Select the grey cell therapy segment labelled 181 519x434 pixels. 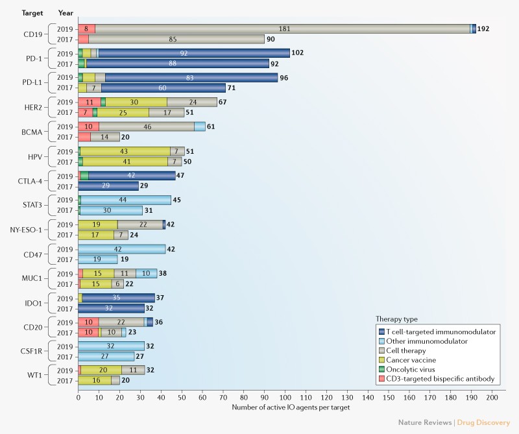point(283,29)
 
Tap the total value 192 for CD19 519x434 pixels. point(485,29)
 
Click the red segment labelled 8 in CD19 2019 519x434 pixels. point(86,29)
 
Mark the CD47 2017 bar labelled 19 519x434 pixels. point(98,259)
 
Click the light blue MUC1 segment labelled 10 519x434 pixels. point(146,273)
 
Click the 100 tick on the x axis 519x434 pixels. point(285,397)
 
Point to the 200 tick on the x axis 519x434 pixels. point(492,397)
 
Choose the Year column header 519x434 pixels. point(66,12)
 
